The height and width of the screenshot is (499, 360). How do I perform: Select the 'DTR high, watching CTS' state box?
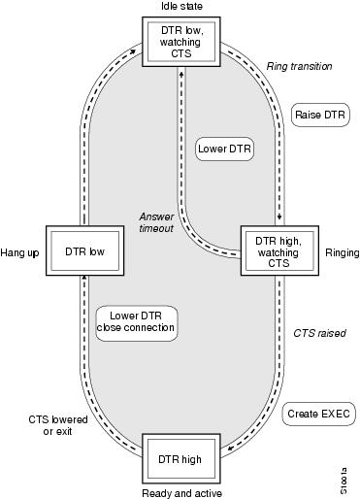coord(278,249)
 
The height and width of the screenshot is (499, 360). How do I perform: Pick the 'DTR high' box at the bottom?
coord(181,457)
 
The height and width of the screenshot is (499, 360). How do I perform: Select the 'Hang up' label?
coord(21,250)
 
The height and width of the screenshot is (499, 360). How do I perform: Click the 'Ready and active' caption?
coord(181,492)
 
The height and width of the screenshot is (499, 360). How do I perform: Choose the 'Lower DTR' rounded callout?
coord(221,150)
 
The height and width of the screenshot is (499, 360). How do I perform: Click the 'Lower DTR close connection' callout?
coord(136,321)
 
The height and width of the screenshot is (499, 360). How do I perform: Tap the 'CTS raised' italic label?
coord(319,333)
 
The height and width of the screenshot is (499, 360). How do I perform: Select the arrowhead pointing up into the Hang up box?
coord(85,282)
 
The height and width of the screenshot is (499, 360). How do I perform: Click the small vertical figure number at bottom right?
coord(349,476)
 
